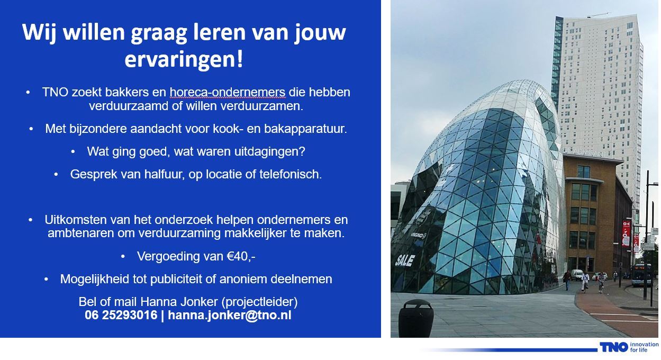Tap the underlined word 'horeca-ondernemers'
(x=228, y=92)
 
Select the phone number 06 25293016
(x=121, y=315)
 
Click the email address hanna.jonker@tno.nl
(x=230, y=315)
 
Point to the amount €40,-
(x=241, y=256)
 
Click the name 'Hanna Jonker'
(x=179, y=302)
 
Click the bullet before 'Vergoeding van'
(x=123, y=257)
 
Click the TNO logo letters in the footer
(x=614, y=347)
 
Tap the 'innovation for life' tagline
(x=644, y=347)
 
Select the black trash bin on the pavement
(x=416, y=318)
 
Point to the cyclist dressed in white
(x=585, y=281)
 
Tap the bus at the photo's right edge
(x=641, y=275)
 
